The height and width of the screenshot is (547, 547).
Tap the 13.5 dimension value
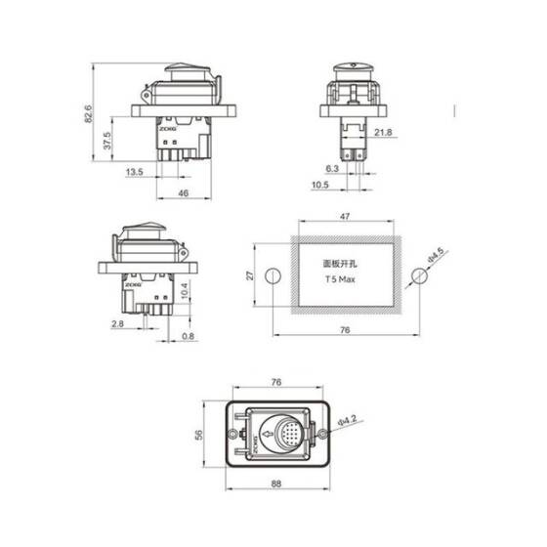click(135, 172)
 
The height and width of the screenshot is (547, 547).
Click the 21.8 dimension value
click(382, 132)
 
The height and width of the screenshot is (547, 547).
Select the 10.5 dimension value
click(319, 185)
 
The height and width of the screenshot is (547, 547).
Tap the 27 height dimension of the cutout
click(250, 275)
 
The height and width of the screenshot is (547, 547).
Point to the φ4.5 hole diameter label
click(435, 259)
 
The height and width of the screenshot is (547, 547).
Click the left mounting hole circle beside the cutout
click(273, 275)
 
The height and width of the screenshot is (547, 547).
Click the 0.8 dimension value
click(188, 337)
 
